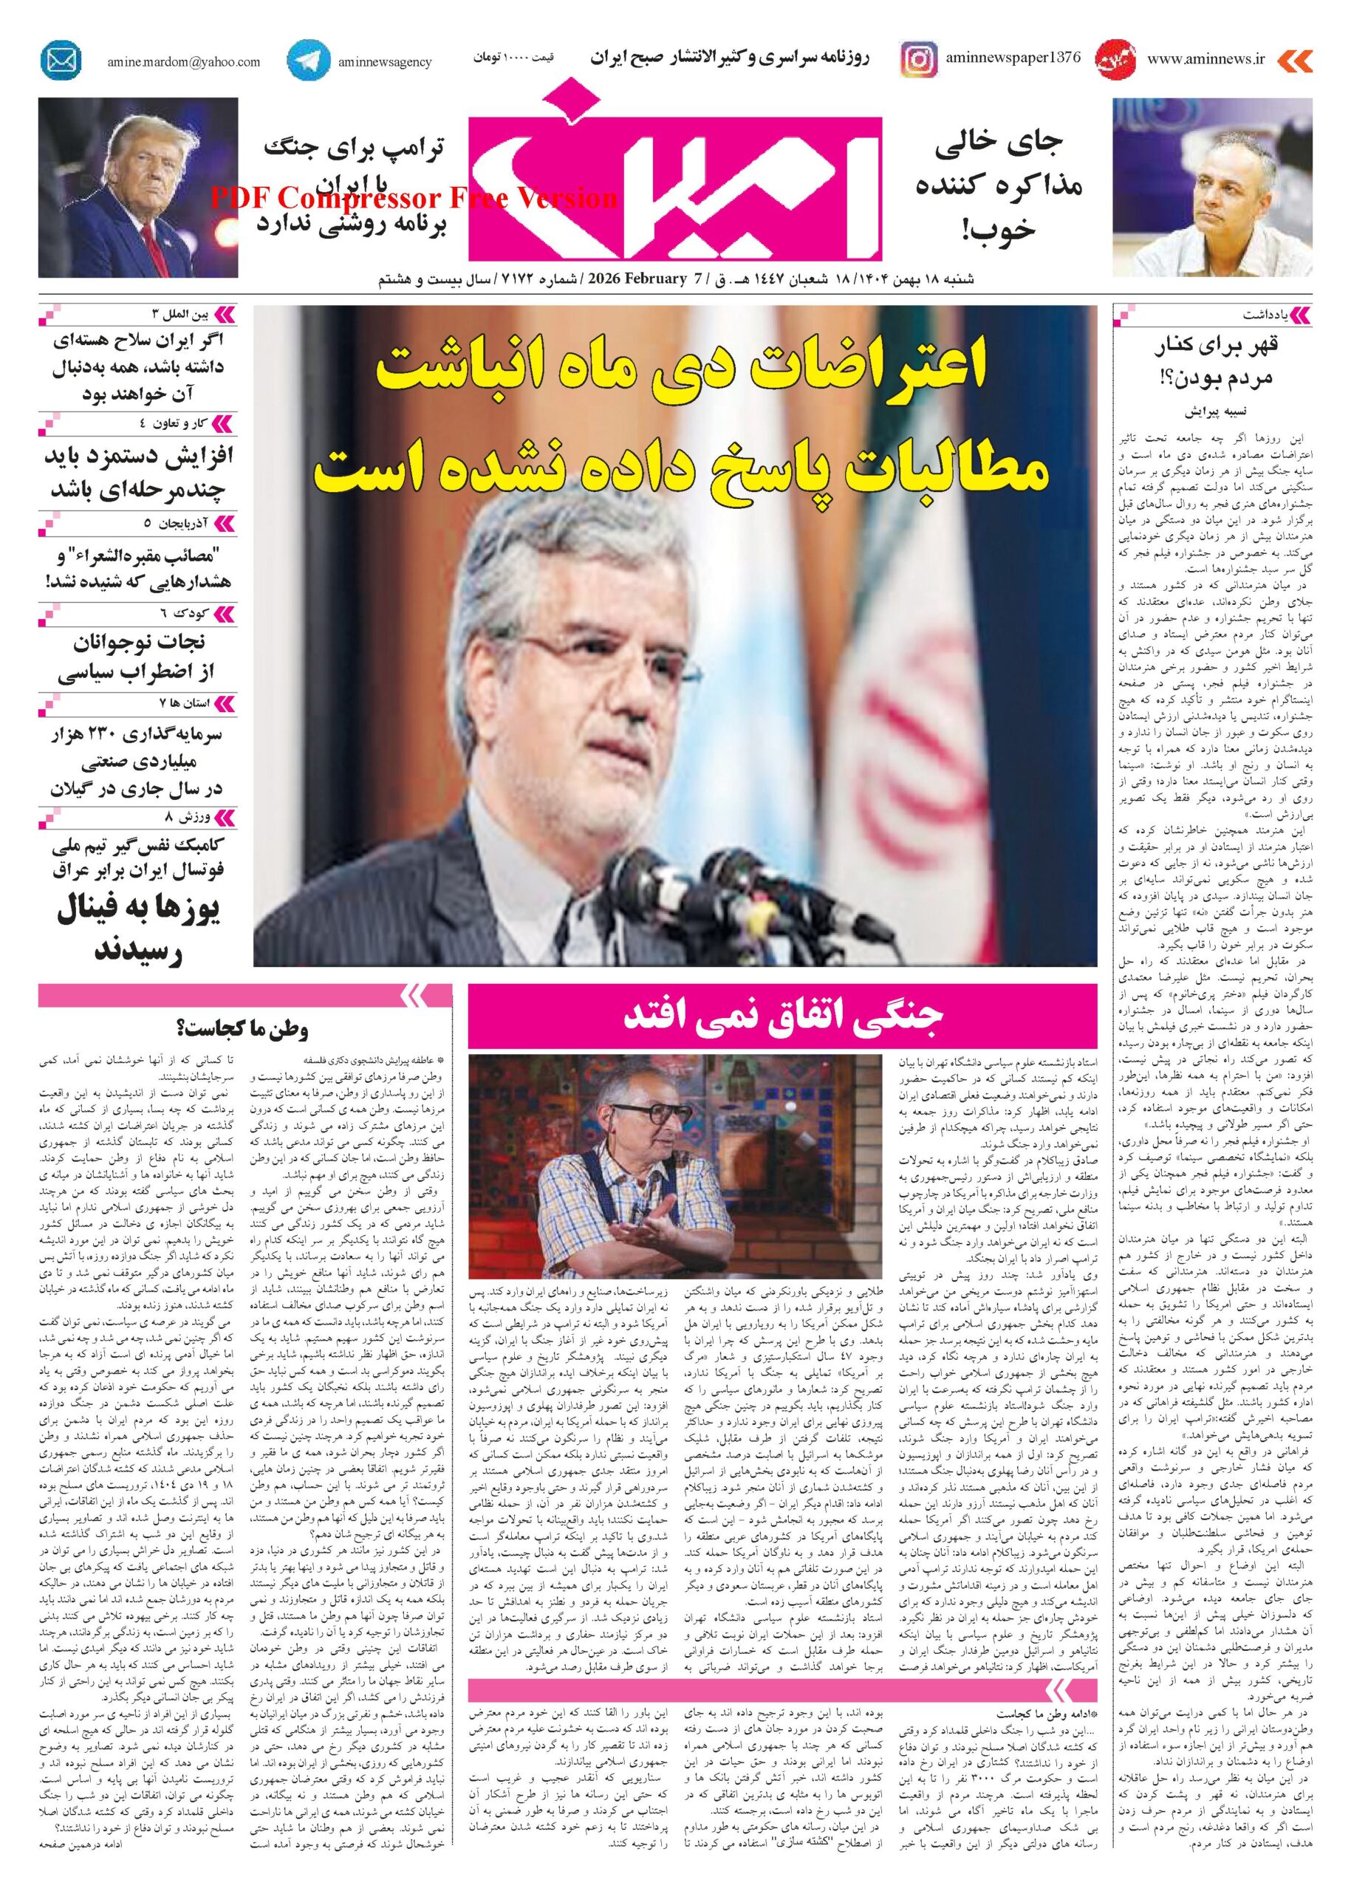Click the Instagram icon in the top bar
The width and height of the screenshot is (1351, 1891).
click(918, 61)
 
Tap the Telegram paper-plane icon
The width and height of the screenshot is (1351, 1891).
click(307, 61)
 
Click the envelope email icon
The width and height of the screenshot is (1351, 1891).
click(61, 61)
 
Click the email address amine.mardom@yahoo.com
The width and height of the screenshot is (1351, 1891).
click(183, 62)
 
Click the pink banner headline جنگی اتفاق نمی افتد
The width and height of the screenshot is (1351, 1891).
click(782, 1019)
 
